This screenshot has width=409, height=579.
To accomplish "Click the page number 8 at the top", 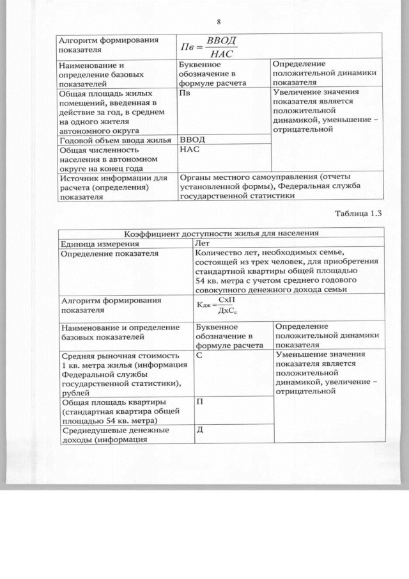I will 219,21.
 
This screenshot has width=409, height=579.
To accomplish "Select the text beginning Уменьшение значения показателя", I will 327,373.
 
